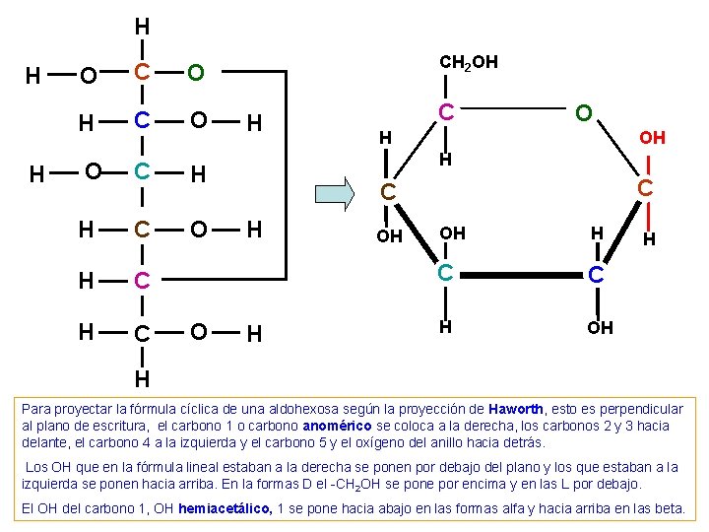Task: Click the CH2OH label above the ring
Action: [469, 63]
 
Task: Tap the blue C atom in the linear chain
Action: [143, 121]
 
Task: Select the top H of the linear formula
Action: [143, 26]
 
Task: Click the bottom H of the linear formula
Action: [143, 377]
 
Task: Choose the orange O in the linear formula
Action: [196, 72]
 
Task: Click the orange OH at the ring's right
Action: [652, 138]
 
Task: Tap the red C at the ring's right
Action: [646, 187]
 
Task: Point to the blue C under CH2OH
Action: [446, 113]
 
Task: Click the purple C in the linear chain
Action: [143, 282]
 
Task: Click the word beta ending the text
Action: [670, 508]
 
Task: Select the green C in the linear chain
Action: [143, 172]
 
